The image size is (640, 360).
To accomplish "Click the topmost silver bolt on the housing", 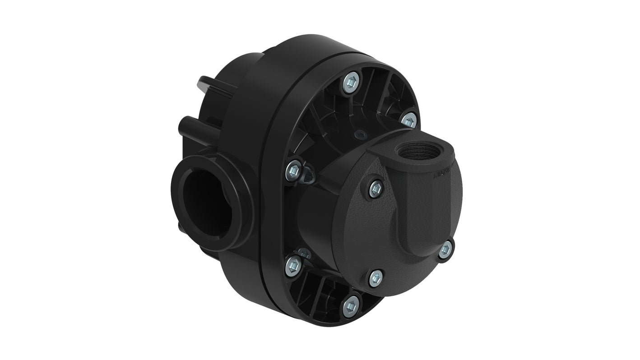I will point(351,83).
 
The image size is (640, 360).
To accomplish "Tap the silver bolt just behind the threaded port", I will point(408,120).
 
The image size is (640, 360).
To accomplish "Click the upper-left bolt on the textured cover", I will point(376,188).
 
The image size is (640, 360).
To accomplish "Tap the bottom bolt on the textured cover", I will point(376,277).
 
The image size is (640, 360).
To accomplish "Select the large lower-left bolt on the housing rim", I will point(293,265).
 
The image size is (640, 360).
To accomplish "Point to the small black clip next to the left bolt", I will point(309,175).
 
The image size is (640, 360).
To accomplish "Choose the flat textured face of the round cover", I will point(361,235).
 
